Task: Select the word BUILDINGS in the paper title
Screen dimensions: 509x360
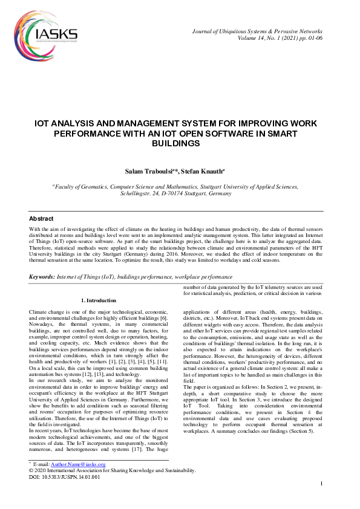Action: point(180,144)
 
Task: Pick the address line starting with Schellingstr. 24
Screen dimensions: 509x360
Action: point(180,195)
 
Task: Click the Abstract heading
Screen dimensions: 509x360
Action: point(41,218)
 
